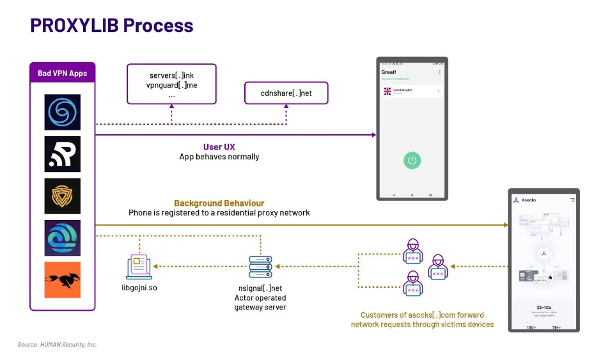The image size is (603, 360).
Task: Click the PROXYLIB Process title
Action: [x=111, y=26]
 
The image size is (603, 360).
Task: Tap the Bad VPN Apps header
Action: [x=62, y=73]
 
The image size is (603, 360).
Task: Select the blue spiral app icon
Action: [x=62, y=113]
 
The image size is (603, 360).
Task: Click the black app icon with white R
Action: [x=62, y=154]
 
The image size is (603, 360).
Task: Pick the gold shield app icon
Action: [x=62, y=196]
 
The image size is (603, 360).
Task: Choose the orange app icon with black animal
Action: [x=62, y=280]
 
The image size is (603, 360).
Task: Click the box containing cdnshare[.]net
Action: [x=286, y=93]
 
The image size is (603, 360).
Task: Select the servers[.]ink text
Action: [x=171, y=75]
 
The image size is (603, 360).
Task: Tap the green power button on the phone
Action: [x=412, y=160]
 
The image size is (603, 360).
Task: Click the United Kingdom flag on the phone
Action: [x=388, y=91]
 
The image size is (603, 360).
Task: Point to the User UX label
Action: [x=219, y=147]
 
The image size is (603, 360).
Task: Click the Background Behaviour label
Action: [x=219, y=203]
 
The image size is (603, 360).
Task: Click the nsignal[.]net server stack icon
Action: [x=260, y=267]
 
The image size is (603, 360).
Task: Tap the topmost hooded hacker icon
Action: [x=412, y=251]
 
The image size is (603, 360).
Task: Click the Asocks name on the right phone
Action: [x=529, y=200]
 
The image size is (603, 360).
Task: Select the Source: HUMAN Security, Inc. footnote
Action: [x=57, y=345]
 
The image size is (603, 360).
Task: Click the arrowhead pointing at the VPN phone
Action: [x=373, y=135]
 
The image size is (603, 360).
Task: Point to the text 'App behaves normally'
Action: [x=219, y=157]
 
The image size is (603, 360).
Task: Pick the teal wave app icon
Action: [x=62, y=238]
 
